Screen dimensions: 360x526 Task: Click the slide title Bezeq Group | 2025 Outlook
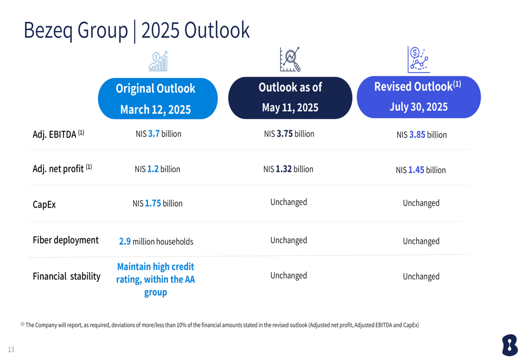coord(137,30)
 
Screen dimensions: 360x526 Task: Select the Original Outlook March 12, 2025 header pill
coord(157,99)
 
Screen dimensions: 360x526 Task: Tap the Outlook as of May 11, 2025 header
coord(290,98)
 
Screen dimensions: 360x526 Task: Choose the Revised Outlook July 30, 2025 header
coord(419,97)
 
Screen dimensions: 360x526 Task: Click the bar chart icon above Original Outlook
coord(158,61)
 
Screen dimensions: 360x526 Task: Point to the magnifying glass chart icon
coord(290,60)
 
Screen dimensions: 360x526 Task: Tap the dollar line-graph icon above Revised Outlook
coord(418,59)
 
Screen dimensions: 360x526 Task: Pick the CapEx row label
coord(44,204)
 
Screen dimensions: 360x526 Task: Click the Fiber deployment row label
coord(66,240)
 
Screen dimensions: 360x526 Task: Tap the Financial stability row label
coord(66,276)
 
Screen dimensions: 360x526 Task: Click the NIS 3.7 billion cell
coord(158,134)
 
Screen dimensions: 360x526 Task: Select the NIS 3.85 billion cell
coord(421,135)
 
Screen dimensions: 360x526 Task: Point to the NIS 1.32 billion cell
coord(288,169)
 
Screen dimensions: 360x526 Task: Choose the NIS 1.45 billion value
coord(421,170)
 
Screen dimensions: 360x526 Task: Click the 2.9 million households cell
coord(156,242)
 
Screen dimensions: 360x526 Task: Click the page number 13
coord(11,349)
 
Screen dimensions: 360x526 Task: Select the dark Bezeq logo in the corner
coord(510,345)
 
